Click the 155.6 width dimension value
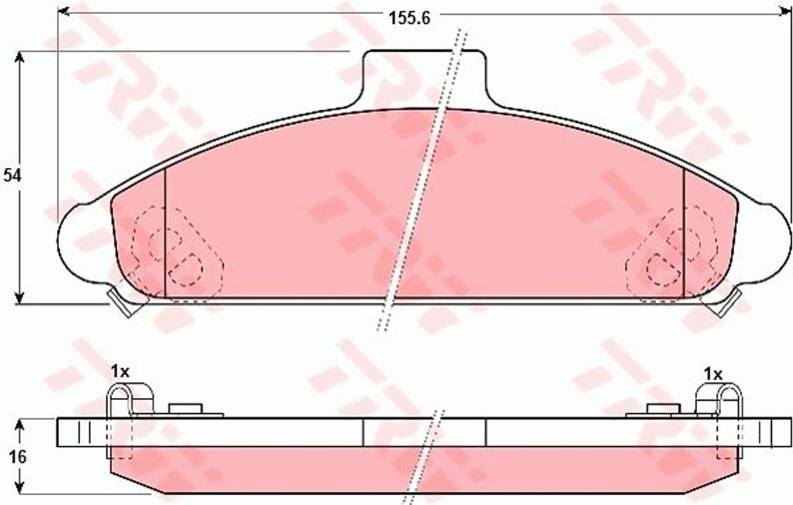409,19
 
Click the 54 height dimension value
11,176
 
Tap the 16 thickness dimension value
17,457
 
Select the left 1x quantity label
119,372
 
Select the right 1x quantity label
712,374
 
